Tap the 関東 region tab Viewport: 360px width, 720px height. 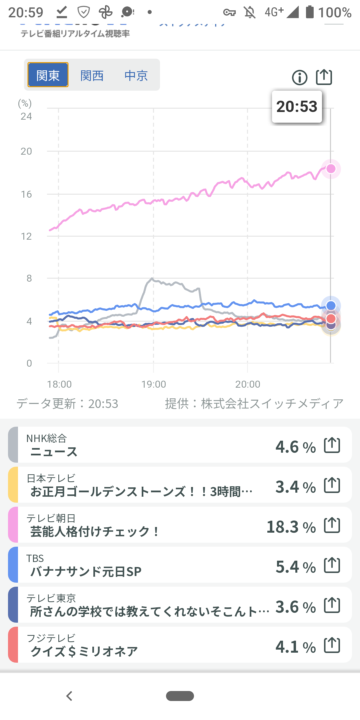(48, 75)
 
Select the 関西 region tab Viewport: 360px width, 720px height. (92, 76)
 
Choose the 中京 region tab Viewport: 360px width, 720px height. (136, 76)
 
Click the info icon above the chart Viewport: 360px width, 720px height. (300, 78)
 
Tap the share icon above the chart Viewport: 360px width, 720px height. (324, 77)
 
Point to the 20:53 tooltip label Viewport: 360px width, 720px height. (297, 107)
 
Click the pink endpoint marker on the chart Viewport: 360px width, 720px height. (331, 169)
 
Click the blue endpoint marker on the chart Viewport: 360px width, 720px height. (331, 305)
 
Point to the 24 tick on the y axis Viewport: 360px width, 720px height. (26, 116)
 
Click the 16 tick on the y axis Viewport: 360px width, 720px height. (26, 194)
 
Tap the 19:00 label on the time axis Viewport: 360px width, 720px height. (154, 384)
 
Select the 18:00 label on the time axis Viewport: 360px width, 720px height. (59, 384)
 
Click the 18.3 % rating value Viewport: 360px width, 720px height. (291, 527)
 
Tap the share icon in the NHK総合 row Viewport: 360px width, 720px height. (332, 445)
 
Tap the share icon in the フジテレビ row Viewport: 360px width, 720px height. (332, 645)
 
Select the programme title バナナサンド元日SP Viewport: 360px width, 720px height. (86, 572)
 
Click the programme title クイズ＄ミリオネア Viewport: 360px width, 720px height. (84, 651)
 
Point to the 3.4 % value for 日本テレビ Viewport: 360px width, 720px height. (296, 487)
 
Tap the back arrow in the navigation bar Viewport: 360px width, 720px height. (69, 696)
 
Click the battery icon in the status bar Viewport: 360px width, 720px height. (310, 12)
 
